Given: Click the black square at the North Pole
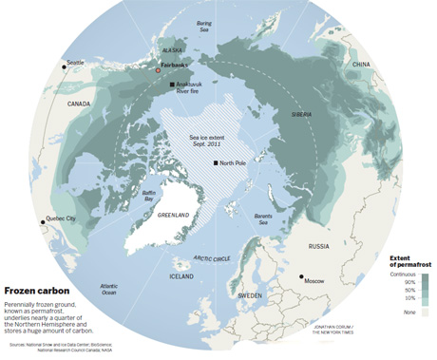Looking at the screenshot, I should pos(216,164).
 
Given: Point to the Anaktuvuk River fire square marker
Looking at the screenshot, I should pos(172,85).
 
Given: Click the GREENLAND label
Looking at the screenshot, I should pos(174,216).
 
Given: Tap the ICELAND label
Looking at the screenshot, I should pos(182,276).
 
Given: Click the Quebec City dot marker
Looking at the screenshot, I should pos(44,221).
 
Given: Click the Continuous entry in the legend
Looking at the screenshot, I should pos(403,274).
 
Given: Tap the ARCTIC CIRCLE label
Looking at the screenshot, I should pos(212,257).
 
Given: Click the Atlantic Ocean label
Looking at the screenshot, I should pos(109,289).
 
